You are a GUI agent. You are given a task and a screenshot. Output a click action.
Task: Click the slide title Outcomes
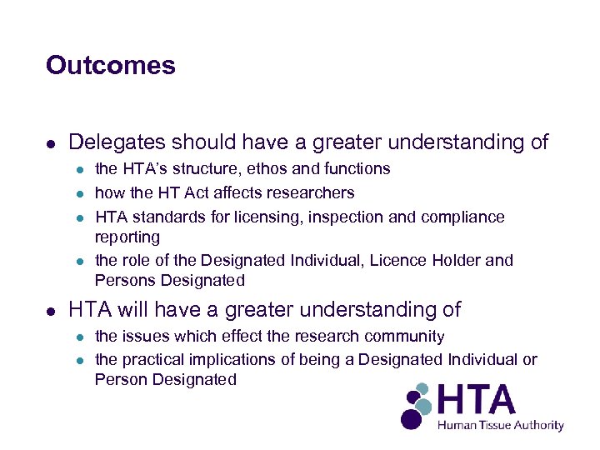point(111,65)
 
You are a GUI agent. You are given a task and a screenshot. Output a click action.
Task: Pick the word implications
point(229,360)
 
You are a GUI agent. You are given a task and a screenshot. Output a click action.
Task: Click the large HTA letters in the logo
point(477,400)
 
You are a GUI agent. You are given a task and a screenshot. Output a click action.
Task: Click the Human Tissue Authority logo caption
point(502,425)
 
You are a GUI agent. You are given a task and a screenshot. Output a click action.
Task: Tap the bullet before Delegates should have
point(51,144)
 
